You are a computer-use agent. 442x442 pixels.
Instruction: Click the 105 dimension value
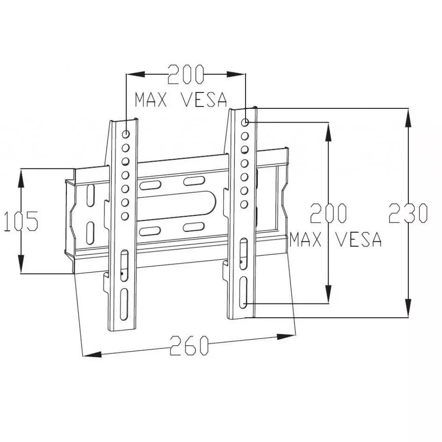coord(21,221)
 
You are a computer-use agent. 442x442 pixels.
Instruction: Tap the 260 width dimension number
coord(189,345)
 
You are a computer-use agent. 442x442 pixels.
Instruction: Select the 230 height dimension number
coord(407,213)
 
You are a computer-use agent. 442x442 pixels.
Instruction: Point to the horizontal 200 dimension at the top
coord(185,75)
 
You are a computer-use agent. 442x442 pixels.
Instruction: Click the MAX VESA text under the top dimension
coord(181,100)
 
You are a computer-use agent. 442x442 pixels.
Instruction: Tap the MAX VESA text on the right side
coord(336,240)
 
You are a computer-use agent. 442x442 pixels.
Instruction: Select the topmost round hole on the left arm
coord(126,134)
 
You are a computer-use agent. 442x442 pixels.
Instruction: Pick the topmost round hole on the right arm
coord(245,123)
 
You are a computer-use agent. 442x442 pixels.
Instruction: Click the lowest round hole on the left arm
coord(125,215)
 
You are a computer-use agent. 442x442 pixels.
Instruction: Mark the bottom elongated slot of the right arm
coord(243,292)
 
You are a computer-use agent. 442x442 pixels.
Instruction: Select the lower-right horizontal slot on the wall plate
coord(194,227)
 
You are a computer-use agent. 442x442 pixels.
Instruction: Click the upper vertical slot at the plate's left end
coord(90,196)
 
